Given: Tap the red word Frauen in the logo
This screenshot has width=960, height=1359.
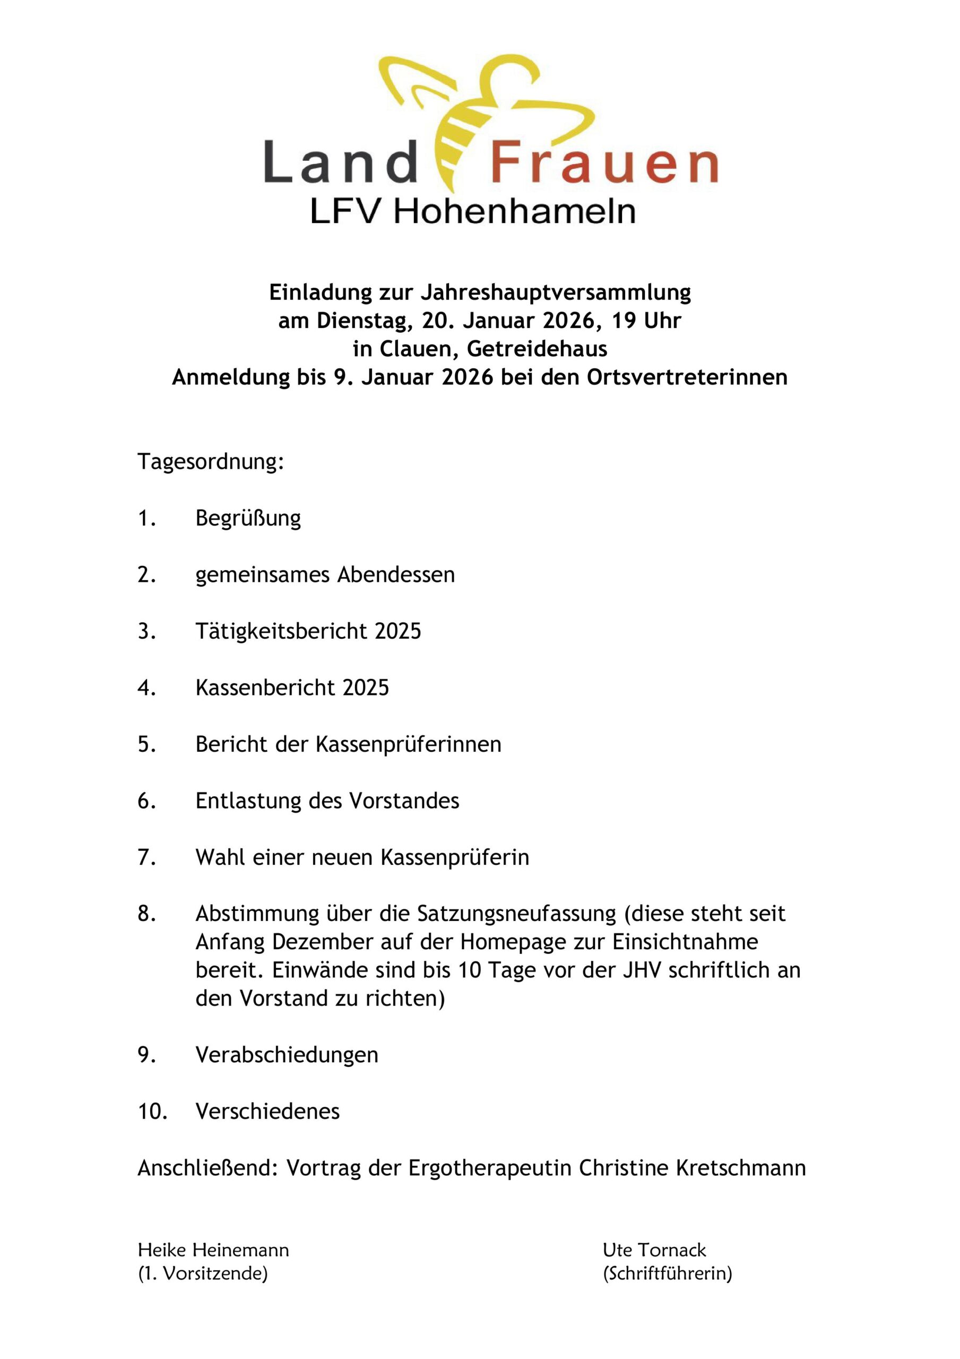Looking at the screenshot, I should [x=604, y=162].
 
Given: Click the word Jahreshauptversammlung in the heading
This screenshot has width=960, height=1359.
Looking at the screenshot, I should [x=556, y=292].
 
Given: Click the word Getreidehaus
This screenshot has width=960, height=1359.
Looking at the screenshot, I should [x=537, y=349].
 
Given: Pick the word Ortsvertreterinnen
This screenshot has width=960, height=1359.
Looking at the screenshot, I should [x=687, y=377].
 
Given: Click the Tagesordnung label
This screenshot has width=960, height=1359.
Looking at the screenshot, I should [x=211, y=462].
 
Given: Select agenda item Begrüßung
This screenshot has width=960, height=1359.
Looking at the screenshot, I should [x=248, y=519].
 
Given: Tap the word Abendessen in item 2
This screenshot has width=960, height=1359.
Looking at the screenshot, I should [x=396, y=575].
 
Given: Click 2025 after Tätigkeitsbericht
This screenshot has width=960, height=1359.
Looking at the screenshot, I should [x=397, y=631].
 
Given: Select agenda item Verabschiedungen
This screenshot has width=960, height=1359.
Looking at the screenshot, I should [x=287, y=1055].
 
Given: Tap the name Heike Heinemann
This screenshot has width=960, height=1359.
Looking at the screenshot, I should [x=213, y=1250].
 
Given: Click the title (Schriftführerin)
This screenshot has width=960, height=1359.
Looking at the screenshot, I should [x=667, y=1273].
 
